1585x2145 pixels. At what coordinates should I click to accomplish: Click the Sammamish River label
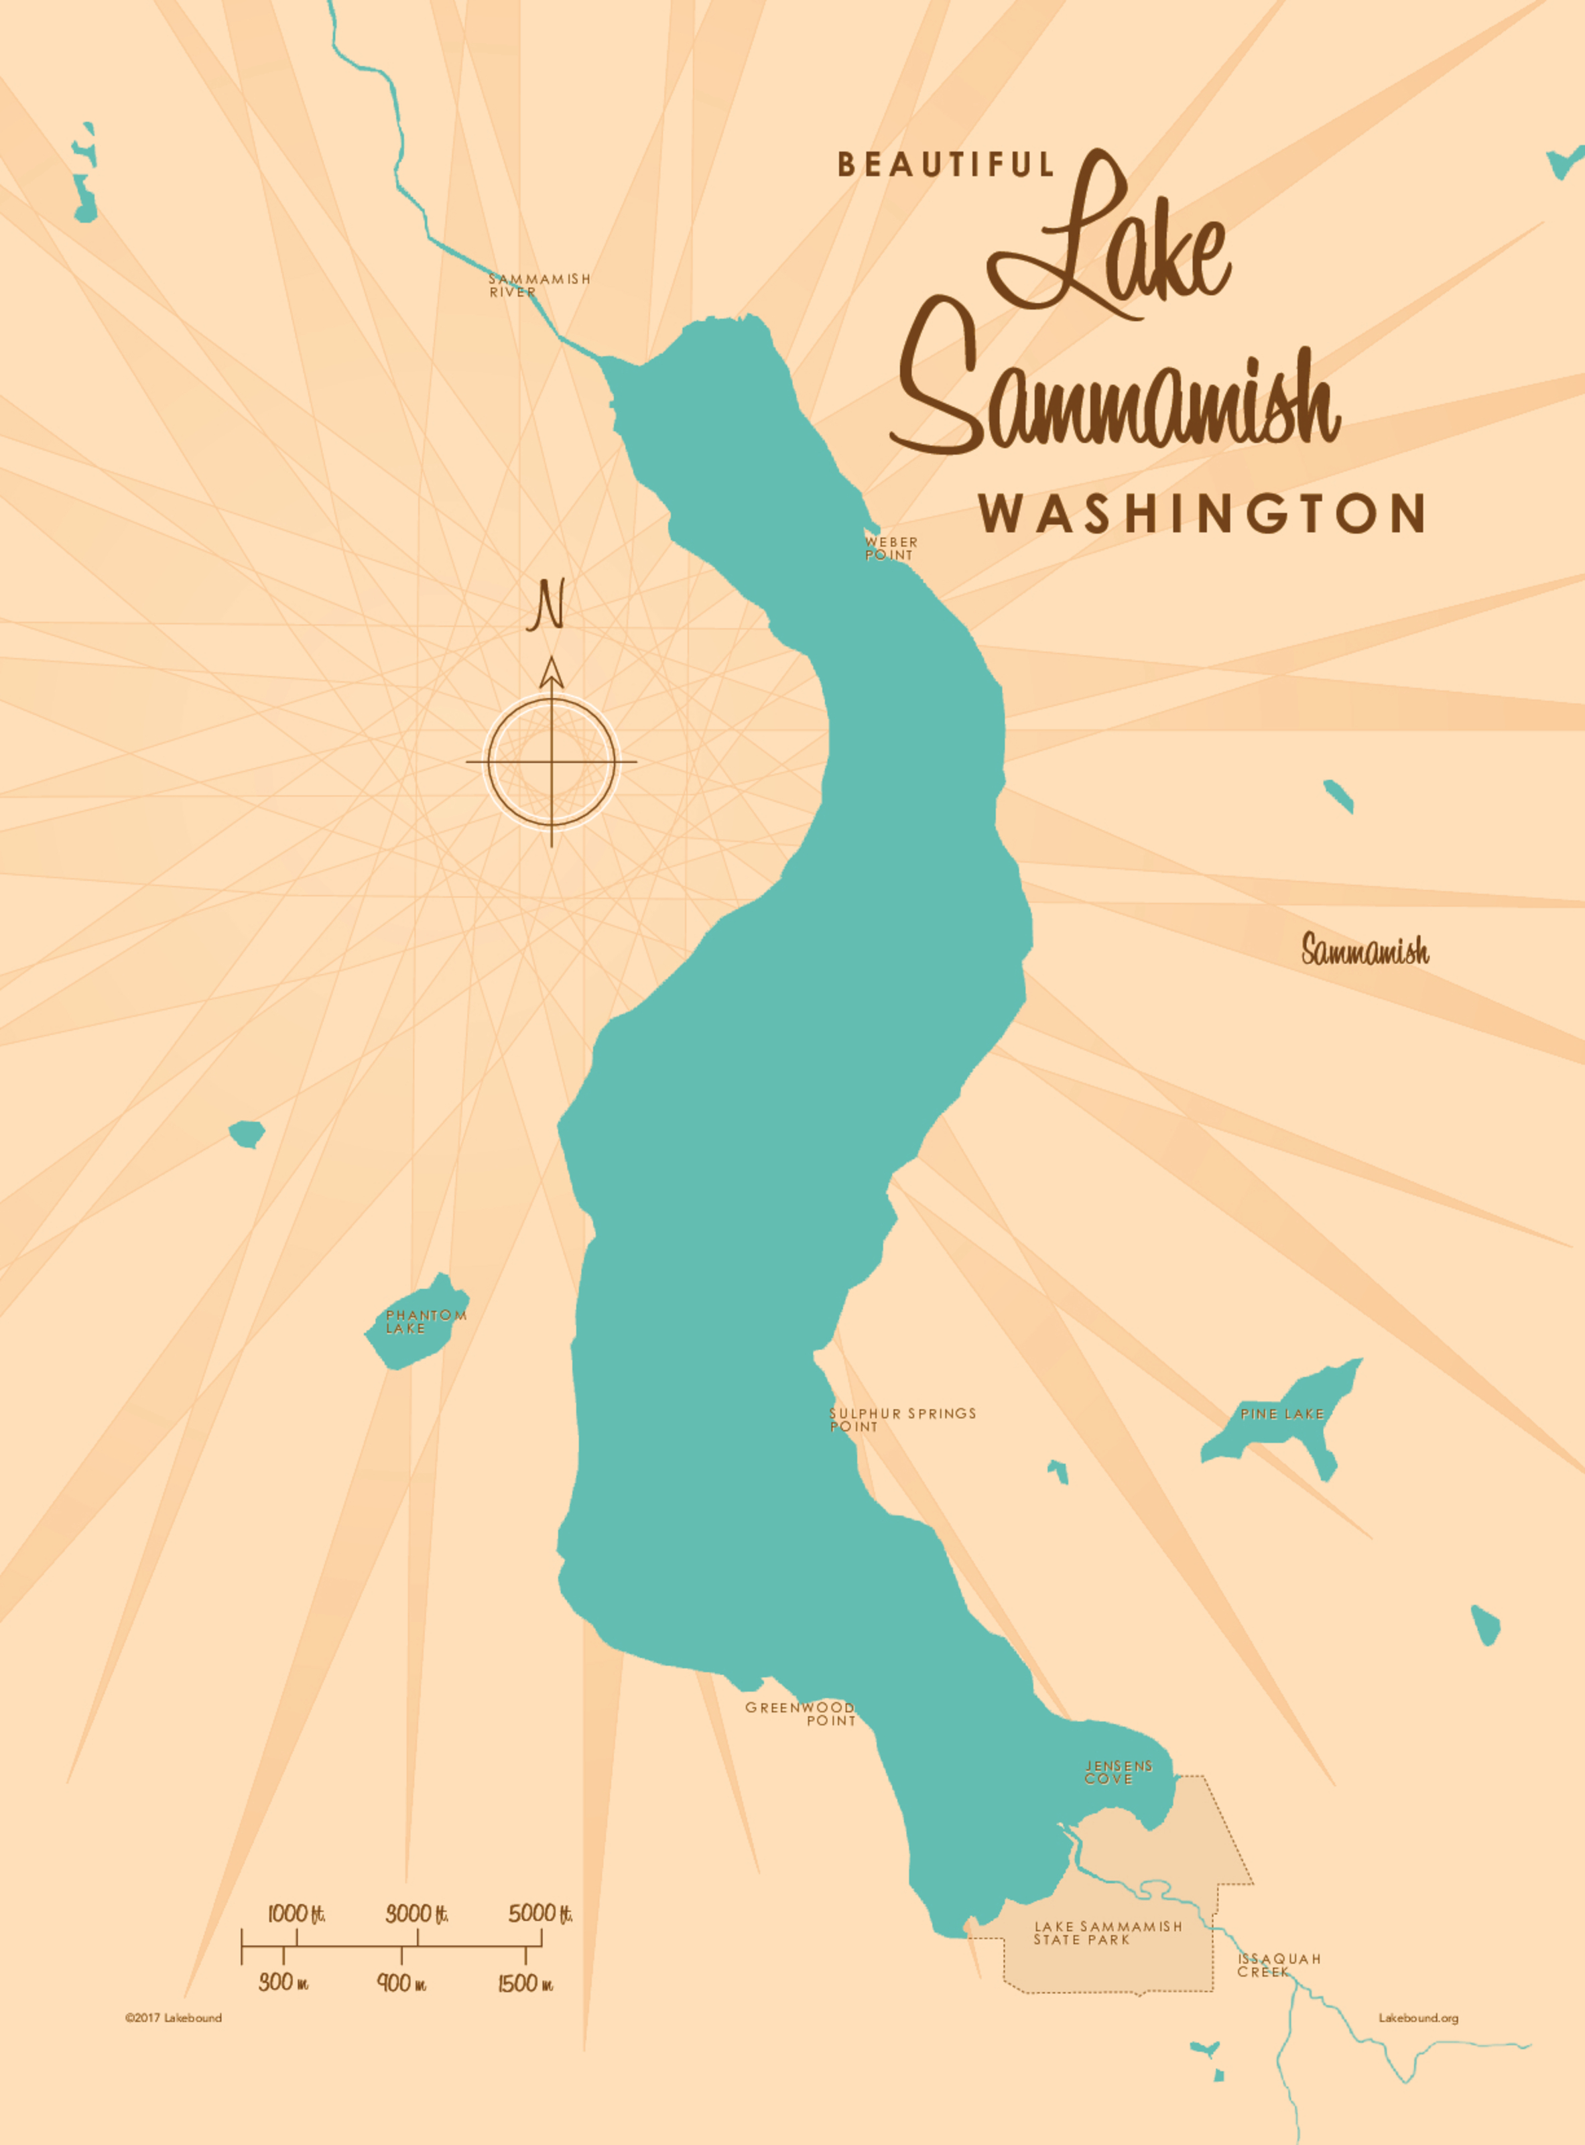click(540, 285)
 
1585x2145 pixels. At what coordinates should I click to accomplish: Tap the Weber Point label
click(891, 548)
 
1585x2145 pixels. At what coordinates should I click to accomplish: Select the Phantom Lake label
click(425, 1322)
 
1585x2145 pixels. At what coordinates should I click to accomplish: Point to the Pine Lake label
click(1281, 1414)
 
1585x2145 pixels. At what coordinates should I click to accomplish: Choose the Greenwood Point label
click(801, 1713)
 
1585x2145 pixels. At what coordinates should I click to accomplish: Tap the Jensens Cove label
click(1118, 1772)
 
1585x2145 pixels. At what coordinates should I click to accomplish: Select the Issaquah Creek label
click(1278, 1965)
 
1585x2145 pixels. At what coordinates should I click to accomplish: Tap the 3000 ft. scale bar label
click(416, 1914)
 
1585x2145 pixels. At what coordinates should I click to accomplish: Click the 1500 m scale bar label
click(525, 1983)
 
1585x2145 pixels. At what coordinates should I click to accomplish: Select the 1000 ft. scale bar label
click(296, 1914)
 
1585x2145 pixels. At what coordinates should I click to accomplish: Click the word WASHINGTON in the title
click(1201, 513)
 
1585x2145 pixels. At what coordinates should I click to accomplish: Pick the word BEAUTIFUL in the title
click(946, 165)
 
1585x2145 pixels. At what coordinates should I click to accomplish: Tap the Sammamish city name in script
click(1365, 950)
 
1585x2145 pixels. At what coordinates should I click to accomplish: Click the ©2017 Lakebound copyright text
click(173, 2018)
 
